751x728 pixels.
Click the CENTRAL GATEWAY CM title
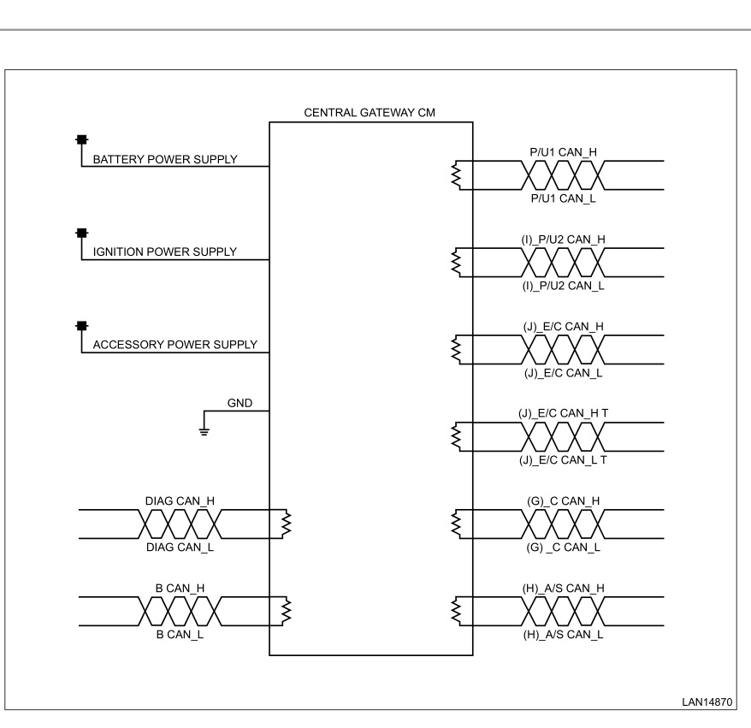[370, 113]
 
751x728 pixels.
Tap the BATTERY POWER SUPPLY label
[165, 159]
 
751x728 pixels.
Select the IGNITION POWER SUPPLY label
[165, 252]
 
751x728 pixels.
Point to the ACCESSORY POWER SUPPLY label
[174, 345]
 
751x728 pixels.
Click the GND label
[239, 403]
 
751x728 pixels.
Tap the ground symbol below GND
[204, 431]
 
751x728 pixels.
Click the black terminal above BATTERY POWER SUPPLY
[82, 139]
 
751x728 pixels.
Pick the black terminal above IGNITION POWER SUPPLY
[82, 234]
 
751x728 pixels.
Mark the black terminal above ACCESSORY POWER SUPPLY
[82, 326]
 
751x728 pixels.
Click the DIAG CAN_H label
[180, 501]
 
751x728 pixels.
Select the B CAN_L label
[180, 634]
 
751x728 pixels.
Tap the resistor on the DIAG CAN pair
[287, 524]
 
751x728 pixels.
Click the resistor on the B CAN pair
[287, 611]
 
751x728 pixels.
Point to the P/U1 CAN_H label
[563, 151]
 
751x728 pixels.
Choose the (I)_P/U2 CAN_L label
[563, 286]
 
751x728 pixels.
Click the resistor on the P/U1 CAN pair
[456, 175]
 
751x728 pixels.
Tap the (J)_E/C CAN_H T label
[563, 413]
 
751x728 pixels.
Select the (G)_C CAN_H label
[563, 501]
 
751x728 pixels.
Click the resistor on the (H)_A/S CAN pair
[456, 611]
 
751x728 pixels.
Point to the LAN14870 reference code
[707, 702]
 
